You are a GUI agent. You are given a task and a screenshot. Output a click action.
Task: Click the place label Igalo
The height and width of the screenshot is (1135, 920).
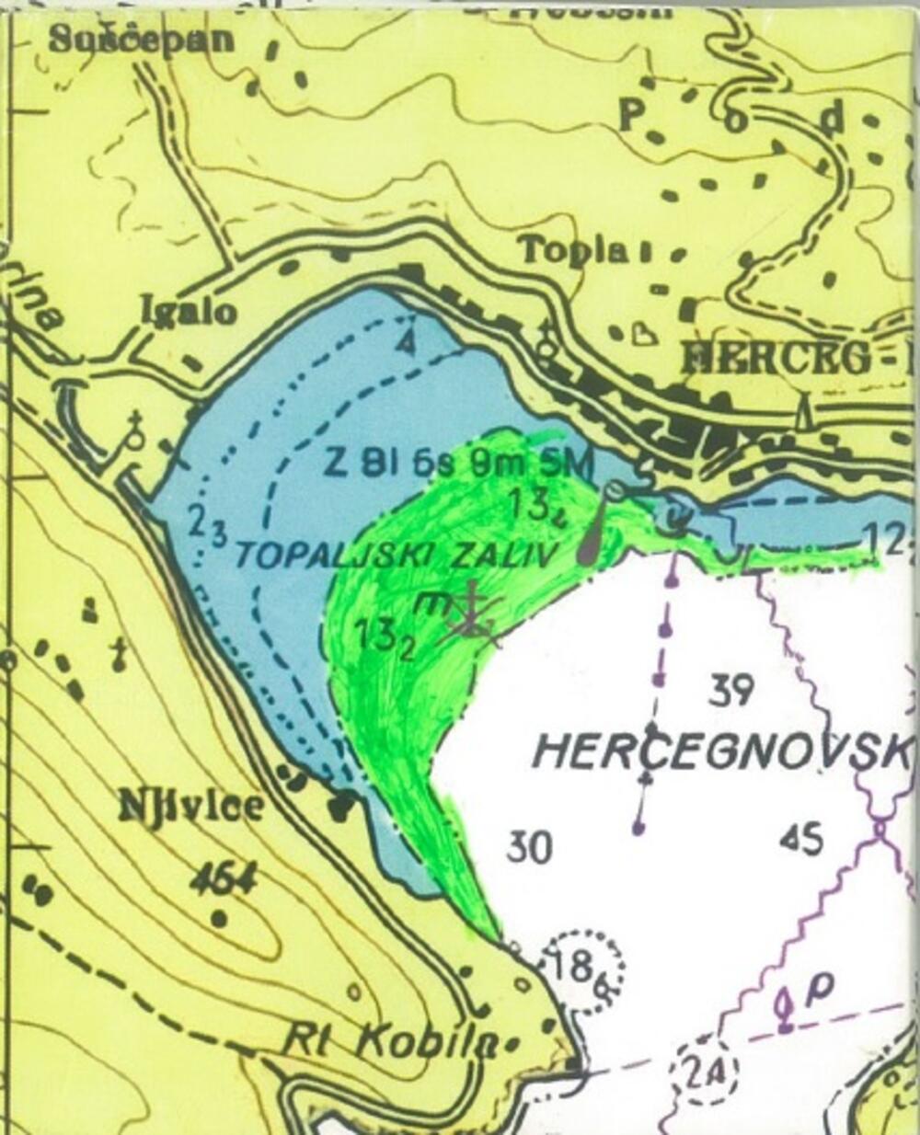point(188,312)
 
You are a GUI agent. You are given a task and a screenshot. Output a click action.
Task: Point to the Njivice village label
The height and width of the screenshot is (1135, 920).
point(190,808)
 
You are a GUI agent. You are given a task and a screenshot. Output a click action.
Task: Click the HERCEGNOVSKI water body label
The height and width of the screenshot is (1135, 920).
point(722,752)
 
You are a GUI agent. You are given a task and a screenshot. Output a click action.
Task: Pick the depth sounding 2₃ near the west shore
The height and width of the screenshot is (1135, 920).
point(207,523)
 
